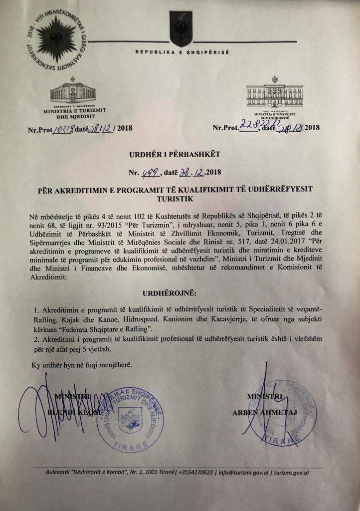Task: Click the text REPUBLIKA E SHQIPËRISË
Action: coord(182,52)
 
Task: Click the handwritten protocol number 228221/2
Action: coord(259,124)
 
